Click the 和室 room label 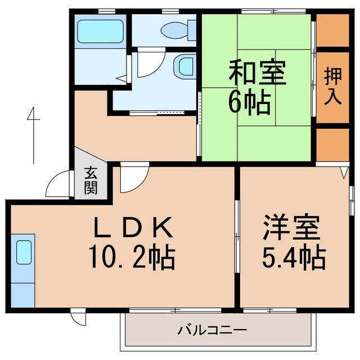[257, 73]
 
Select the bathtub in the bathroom [100, 31]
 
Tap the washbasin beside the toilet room [184, 66]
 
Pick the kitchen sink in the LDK [24, 252]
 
